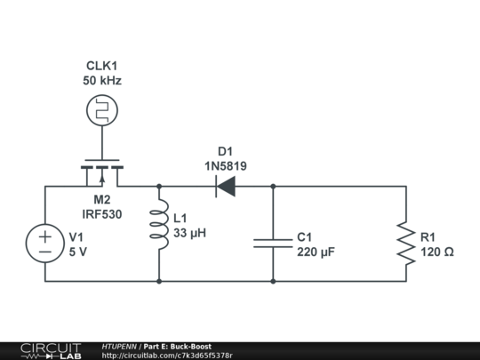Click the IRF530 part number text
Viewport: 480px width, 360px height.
[102, 214]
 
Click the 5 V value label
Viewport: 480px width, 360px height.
[78, 252]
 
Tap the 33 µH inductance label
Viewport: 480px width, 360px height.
[190, 234]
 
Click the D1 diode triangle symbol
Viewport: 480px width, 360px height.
[225, 187]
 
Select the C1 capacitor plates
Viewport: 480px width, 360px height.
[273, 243]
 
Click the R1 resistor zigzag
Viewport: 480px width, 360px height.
[406, 244]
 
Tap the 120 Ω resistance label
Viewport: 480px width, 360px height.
[436, 252]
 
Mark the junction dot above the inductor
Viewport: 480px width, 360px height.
[159, 187]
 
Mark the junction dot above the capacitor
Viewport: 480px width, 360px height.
[273, 187]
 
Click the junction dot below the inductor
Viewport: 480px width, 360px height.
[159, 281]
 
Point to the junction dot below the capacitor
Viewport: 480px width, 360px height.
[273, 281]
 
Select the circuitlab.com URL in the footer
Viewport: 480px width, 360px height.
[168, 356]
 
